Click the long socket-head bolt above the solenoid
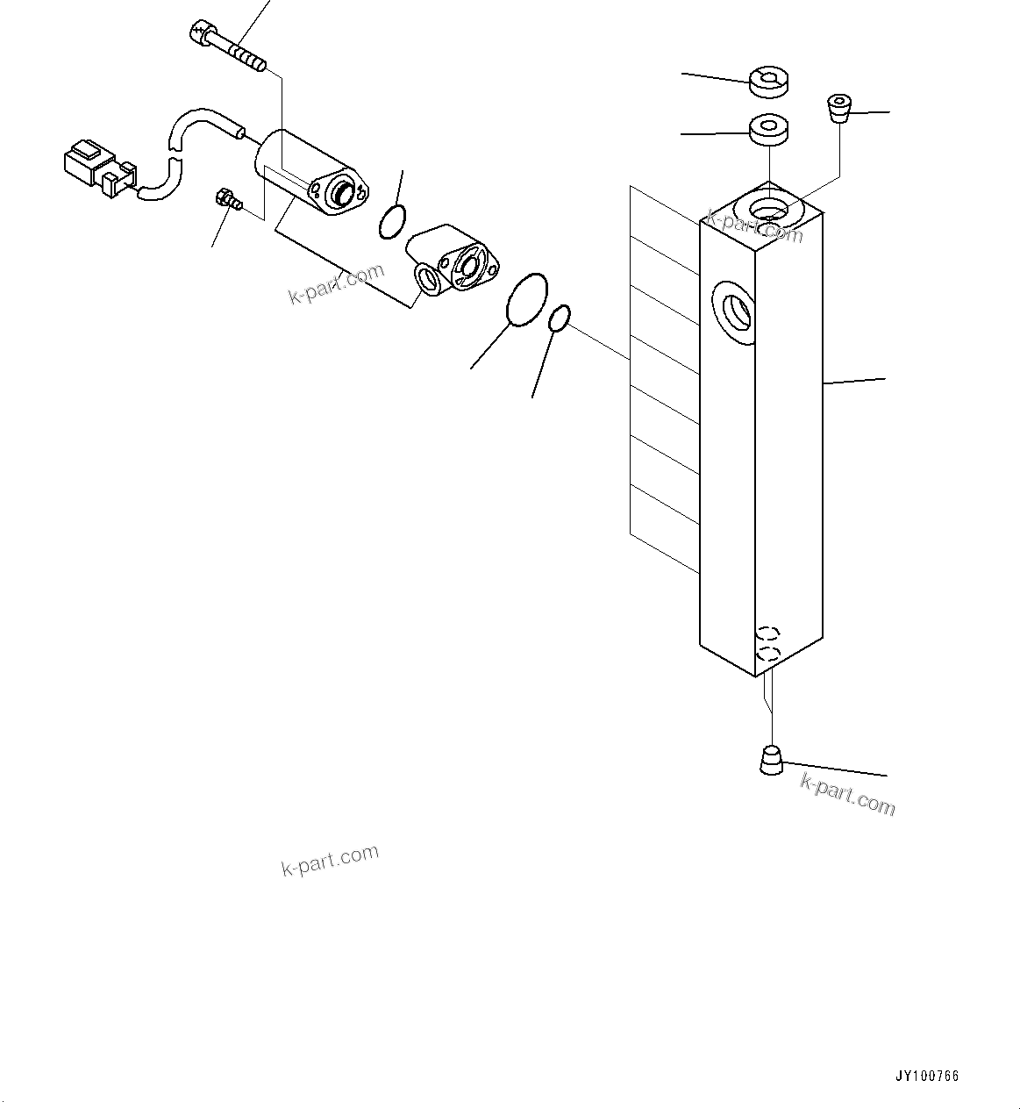(x=226, y=49)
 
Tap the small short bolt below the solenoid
(x=227, y=201)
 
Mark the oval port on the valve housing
(x=427, y=278)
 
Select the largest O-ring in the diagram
(x=527, y=299)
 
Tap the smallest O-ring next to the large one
(x=560, y=318)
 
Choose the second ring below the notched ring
(x=769, y=128)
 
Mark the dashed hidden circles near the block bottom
(x=768, y=642)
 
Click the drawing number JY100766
(x=927, y=1076)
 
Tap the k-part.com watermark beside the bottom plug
(x=847, y=792)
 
